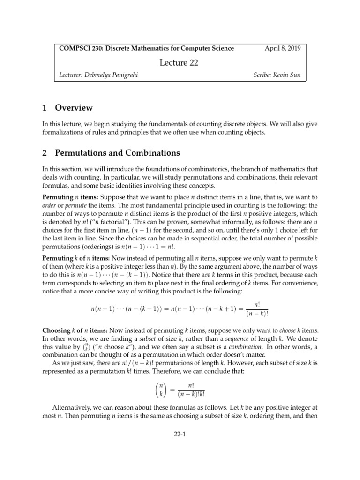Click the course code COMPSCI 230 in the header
(76, 48)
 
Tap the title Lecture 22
(180, 63)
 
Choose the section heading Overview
(74, 108)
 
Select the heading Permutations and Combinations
(118, 153)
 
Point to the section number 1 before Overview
(45, 108)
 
